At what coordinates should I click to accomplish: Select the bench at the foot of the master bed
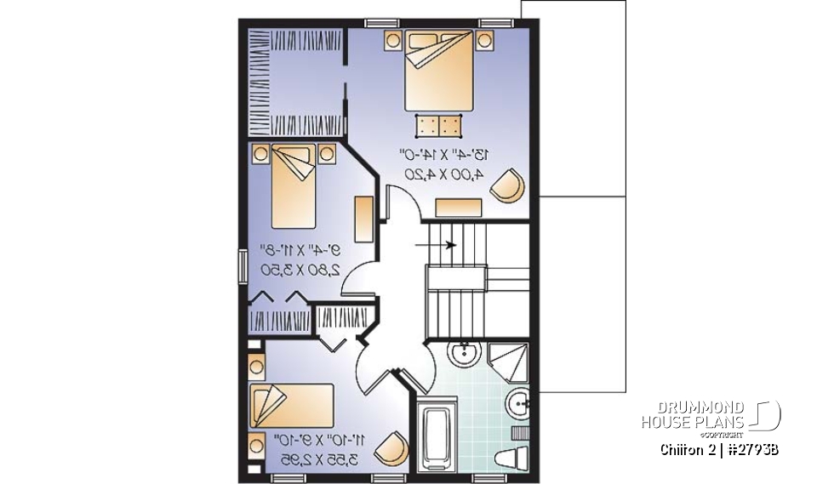click(439, 126)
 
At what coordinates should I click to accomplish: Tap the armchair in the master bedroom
click(509, 186)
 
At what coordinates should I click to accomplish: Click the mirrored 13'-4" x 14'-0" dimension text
click(444, 155)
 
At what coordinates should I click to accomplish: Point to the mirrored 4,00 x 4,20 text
click(443, 174)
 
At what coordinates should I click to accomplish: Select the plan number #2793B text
click(754, 448)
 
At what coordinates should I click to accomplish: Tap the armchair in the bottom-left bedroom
click(391, 447)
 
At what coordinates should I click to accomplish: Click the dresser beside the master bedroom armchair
click(459, 207)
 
